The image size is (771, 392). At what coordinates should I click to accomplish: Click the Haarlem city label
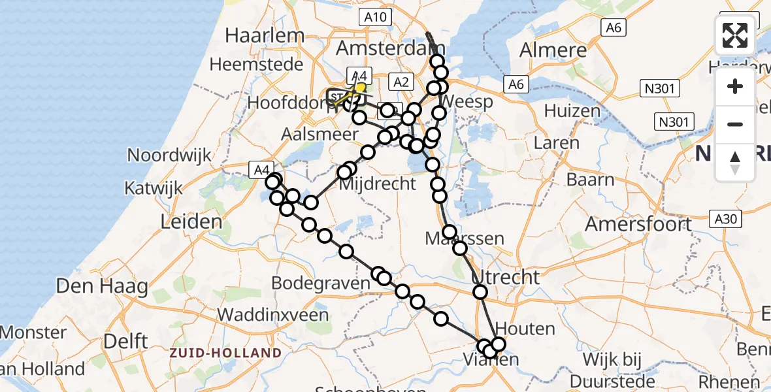point(265,35)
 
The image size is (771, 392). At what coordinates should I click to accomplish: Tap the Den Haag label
point(102,286)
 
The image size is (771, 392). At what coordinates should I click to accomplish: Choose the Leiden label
point(191,221)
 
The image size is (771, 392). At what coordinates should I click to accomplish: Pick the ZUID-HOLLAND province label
point(225,353)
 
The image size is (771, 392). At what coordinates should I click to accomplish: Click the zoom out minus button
point(735,124)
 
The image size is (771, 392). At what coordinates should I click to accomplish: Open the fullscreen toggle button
point(735,35)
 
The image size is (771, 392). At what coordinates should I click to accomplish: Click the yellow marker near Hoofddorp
point(359,87)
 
